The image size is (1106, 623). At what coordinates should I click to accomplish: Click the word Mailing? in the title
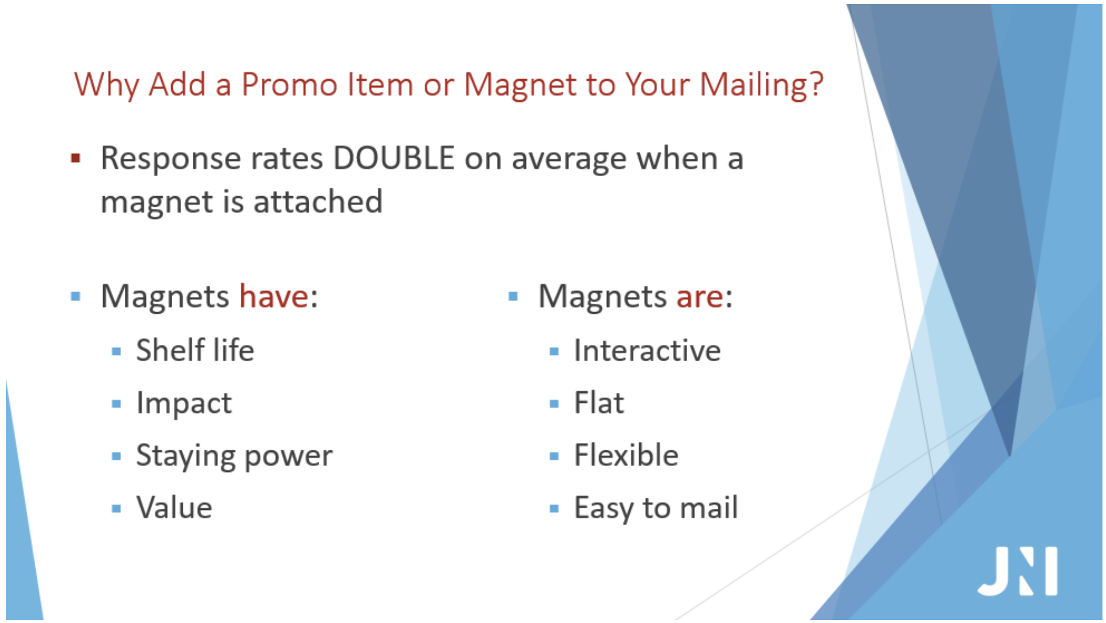point(762,84)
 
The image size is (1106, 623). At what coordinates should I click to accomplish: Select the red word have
point(274,296)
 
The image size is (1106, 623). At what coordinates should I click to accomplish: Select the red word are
point(699,296)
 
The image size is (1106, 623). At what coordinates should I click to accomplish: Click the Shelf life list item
point(195,350)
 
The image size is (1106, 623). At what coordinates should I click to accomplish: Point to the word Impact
point(184,403)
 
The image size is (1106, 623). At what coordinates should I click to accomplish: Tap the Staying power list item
point(234,456)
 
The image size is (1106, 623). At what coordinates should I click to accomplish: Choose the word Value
point(174,508)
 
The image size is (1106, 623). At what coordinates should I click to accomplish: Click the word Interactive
point(647,351)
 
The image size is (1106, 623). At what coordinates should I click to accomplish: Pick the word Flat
point(599,403)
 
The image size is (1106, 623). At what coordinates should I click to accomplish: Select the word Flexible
point(626,455)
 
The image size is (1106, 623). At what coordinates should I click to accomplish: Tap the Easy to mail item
point(656,508)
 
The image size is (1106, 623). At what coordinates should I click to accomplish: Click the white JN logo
point(1018,571)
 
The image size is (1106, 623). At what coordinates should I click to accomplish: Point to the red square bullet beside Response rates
point(75,158)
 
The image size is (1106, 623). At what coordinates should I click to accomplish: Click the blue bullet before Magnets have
point(75,296)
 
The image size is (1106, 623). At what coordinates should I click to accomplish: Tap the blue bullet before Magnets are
point(513,296)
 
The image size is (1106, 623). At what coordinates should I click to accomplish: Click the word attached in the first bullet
point(318,202)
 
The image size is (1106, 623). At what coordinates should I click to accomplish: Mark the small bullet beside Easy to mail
point(554,508)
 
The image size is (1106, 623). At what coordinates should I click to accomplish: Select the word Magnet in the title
point(520,84)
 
